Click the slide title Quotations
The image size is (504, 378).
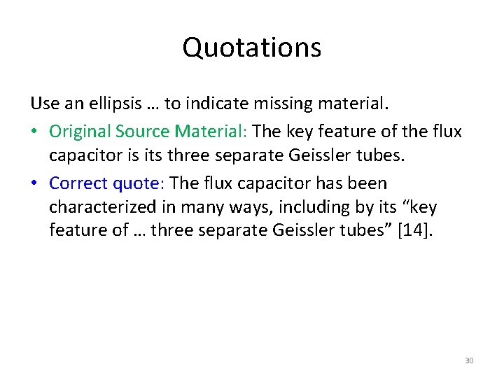[252, 48]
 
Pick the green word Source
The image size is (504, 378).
[144, 131]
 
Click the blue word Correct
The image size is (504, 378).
[78, 183]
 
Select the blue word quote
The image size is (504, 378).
[136, 183]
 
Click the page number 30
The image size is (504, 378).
[469, 360]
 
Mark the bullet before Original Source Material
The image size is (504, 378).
[35, 132]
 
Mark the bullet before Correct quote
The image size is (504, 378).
[35, 184]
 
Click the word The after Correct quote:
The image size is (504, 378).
[185, 183]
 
